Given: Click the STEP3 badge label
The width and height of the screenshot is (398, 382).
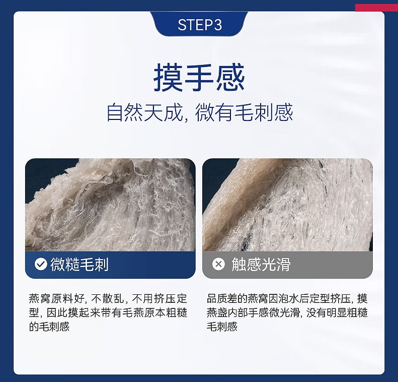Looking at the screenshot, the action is (200, 25).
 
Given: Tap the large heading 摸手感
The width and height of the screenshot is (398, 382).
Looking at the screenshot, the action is (199, 78).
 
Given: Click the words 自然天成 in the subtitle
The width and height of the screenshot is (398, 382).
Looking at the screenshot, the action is (145, 112).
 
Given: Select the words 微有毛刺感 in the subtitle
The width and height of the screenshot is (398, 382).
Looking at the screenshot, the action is (244, 112).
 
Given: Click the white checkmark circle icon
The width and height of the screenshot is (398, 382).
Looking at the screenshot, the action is (41, 264).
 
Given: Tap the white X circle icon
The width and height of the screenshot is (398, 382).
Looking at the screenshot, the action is (218, 264).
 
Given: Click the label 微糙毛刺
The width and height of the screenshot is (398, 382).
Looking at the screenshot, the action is (79, 264).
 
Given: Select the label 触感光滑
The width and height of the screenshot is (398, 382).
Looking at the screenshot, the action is (261, 264).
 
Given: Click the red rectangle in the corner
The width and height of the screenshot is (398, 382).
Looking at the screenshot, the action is (376, 8).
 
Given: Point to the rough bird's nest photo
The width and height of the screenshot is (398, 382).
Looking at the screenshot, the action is (110, 205).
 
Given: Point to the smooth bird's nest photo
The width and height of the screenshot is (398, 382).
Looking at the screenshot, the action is (287, 205).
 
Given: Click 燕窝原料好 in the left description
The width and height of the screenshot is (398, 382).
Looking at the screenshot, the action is (56, 299).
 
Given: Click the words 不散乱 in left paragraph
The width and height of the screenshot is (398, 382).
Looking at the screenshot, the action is (107, 299).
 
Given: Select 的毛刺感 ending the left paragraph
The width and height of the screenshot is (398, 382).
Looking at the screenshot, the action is (49, 327).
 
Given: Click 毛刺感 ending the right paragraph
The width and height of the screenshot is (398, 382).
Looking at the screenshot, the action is (222, 327).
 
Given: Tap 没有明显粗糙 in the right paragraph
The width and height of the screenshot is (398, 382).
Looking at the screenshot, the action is (337, 312).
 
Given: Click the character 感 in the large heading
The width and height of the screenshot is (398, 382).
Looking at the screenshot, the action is (230, 78).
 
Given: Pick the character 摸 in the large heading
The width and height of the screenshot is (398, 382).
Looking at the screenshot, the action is (168, 78).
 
